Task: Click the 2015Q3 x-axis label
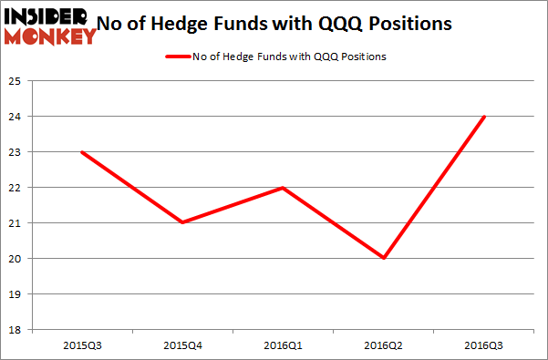point(83,345)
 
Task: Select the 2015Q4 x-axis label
point(183,345)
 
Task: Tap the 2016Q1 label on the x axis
point(284,345)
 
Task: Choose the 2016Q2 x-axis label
point(384,345)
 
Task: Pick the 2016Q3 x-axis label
point(484,345)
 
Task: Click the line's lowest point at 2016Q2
point(384,258)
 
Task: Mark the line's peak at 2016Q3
point(484,117)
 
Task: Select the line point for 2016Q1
point(284,188)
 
